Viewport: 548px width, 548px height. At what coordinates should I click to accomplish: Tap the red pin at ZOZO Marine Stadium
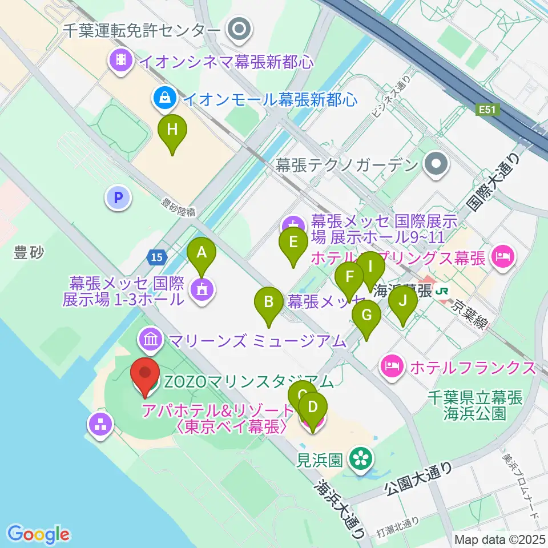145,376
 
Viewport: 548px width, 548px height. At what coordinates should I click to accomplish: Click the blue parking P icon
119,198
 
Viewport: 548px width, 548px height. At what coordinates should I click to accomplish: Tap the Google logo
39,534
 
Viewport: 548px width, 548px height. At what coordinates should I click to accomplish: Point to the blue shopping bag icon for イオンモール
164,99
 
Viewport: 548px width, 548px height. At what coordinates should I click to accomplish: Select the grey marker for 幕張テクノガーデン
437,165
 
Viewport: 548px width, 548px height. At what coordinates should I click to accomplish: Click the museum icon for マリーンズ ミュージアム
151,341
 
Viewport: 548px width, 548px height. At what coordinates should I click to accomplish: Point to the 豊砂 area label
29,252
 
